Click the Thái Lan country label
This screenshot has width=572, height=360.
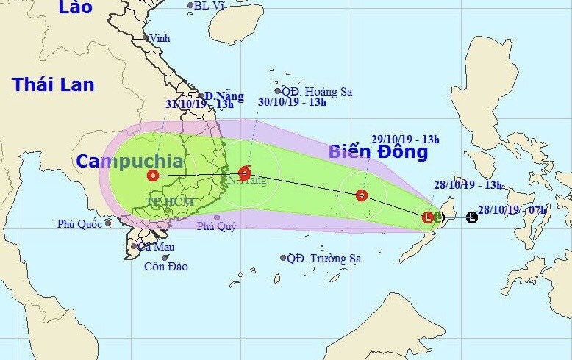pyautogui.click(x=53, y=84)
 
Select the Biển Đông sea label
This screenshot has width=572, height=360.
pyautogui.click(x=378, y=152)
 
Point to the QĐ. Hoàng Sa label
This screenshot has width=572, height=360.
pyautogui.click(x=318, y=92)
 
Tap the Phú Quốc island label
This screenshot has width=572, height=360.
pyautogui.click(x=80, y=223)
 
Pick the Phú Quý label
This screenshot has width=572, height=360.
pyautogui.click(x=215, y=227)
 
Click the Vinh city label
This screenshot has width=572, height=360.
pyautogui.click(x=159, y=37)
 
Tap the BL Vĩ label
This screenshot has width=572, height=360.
pyautogui.click(x=209, y=5)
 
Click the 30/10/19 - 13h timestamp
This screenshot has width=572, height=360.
pyautogui.click(x=292, y=101)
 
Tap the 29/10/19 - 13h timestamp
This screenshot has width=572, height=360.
pyautogui.click(x=406, y=140)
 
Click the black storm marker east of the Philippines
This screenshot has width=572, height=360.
pyautogui.click(x=472, y=217)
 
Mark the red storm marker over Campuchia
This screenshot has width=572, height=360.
pyautogui.click(x=152, y=176)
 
